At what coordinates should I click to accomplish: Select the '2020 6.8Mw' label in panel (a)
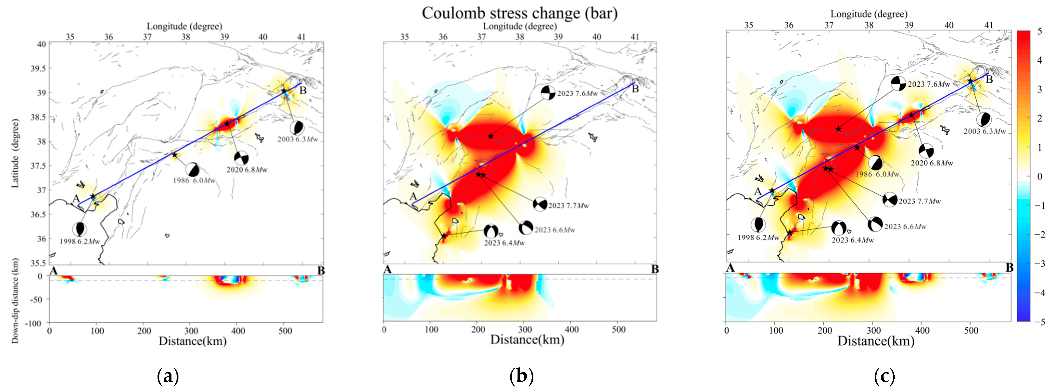pyautogui.click(x=247, y=170)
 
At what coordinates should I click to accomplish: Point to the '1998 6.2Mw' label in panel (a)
pyautogui.click(x=80, y=241)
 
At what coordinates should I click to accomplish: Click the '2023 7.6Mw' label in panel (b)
pyautogui.click(x=577, y=94)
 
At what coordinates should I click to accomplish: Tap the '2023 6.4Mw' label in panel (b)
pyautogui.click(x=504, y=243)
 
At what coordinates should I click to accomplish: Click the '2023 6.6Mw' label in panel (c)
pyautogui.click(x=905, y=227)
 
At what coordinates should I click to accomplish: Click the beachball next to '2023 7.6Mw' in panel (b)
pyautogui.click(x=548, y=93)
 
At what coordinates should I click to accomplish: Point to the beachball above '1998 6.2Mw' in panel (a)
pyautogui.click(x=79, y=229)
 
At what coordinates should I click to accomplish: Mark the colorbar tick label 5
pyautogui.click(x=1040, y=31)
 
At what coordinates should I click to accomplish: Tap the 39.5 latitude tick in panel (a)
pyautogui.click(x=38, y=68)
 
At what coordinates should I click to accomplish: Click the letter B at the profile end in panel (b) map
pyautogui.click(x=635, y=89)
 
